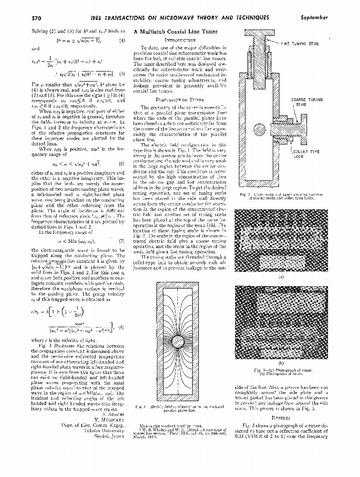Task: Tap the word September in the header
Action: point(314,18)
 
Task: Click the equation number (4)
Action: point(122,41)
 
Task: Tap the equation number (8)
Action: point(122,327)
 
